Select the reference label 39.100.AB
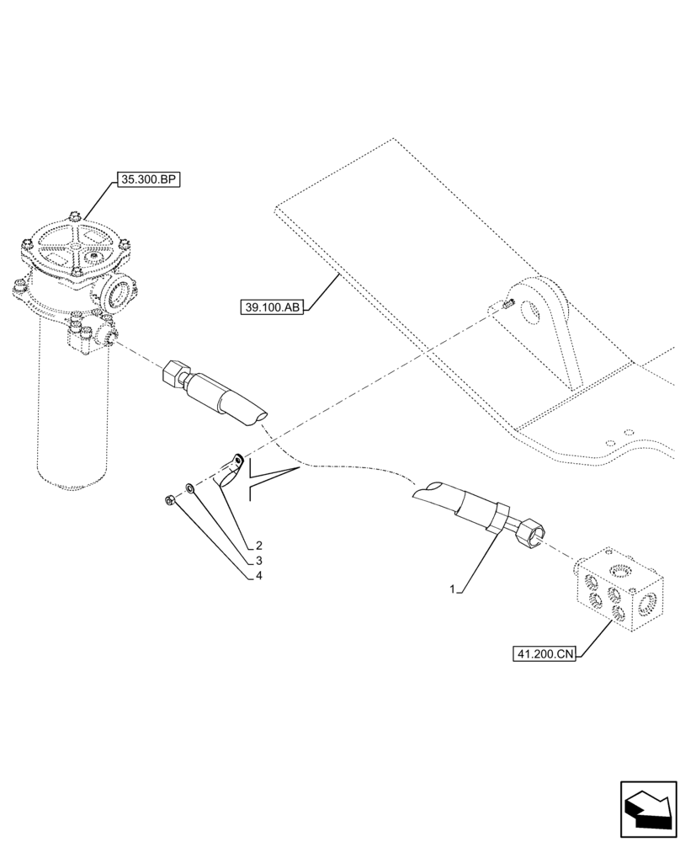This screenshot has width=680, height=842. point(272,308)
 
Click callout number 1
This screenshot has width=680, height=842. point(453,590)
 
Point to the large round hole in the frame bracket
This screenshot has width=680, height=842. point(533,312)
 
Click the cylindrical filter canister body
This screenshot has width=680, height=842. point(74,413)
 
